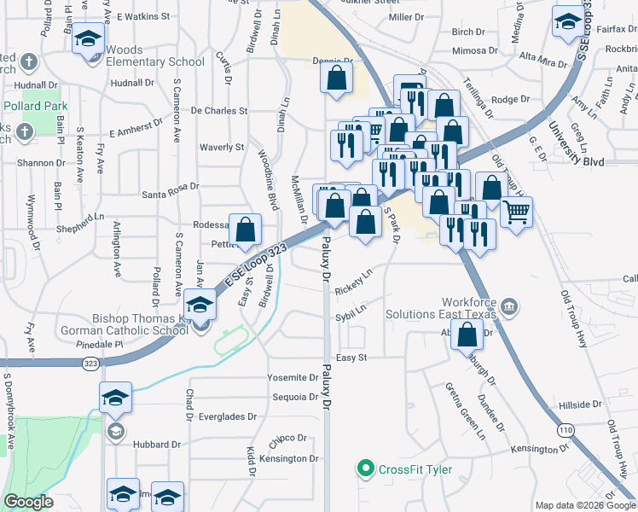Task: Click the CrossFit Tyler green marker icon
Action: [x=366, y=468]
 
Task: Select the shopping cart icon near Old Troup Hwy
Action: [x=516, y=212]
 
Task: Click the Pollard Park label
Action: [x=35, y=106]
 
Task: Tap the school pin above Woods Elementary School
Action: [x=87, y=40]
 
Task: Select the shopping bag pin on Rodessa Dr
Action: [x=245, y=229]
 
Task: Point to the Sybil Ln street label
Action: [x=351, y=309]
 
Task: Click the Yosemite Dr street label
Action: [x=293, y=377]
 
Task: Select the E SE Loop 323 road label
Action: [x=253, y=265]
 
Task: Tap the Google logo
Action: [x=27, y=502]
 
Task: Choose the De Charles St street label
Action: [x=219, y=111]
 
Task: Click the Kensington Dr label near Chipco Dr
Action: [x=289, y=459]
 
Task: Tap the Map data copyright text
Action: [x=585, y=505]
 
